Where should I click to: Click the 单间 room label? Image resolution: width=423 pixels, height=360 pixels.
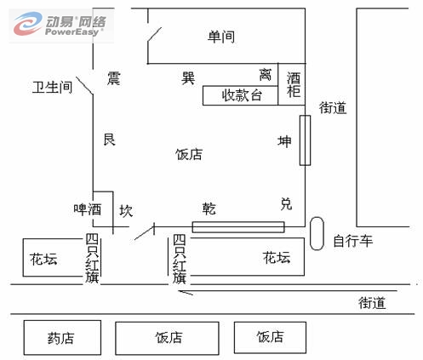click(221, 37)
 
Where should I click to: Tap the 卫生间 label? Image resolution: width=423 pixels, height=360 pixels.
click(52, 87)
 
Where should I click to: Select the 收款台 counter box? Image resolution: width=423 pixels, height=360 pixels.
click(240, 95)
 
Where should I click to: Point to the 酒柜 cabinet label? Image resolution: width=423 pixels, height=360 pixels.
click(294, 85)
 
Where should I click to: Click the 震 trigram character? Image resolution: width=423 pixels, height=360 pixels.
click(114, 78)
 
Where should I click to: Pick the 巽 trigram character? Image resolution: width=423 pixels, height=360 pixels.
click(188, 78)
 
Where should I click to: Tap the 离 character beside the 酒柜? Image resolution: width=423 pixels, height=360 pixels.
click(266, 75)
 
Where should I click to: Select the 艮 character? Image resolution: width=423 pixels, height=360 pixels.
click(110, 140)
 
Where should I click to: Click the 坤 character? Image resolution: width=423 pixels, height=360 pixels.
click(284, 141)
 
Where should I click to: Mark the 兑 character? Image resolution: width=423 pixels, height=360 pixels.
click(286, 203)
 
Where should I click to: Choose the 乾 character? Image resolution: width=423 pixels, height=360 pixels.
click(209, 209)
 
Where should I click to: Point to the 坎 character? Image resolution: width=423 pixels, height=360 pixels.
click(126, 211)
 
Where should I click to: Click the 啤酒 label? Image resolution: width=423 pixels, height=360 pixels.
click(88, 209)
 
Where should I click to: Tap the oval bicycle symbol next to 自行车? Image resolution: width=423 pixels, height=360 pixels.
click(317, 234)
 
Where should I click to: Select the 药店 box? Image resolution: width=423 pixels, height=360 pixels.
click(62, 338)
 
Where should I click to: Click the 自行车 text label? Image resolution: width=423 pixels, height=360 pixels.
click(353, 241)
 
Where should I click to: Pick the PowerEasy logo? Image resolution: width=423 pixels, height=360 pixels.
click(61, 25)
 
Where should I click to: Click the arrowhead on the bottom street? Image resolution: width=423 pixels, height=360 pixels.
click(181, 292)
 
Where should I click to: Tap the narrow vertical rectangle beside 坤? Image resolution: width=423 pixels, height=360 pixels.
click(306, 140)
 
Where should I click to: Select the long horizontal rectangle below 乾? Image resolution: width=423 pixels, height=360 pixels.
click(238, 227)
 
